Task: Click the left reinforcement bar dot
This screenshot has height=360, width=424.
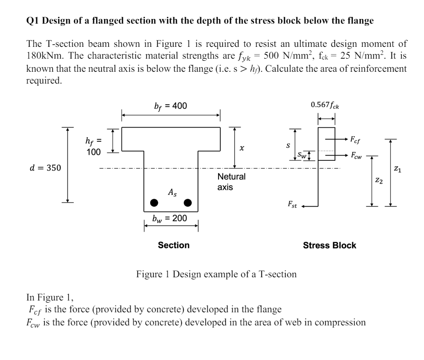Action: coord(155,203)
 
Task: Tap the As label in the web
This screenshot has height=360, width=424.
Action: coord(173,192)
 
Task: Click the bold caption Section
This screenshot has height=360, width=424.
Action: coord(173,245)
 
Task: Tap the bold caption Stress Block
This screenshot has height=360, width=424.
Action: coord(329,245)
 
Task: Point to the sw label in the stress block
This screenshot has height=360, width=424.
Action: coord(301,155)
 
